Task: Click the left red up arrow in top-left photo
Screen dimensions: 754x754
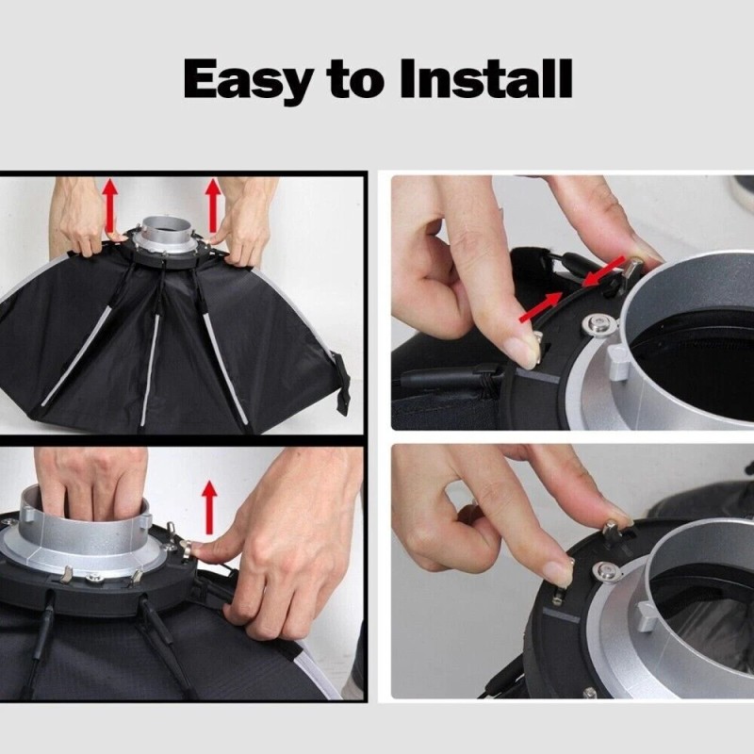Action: [111, 205]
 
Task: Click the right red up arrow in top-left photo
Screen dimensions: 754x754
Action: [213, 205]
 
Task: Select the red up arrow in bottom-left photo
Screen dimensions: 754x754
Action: [209, 505]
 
